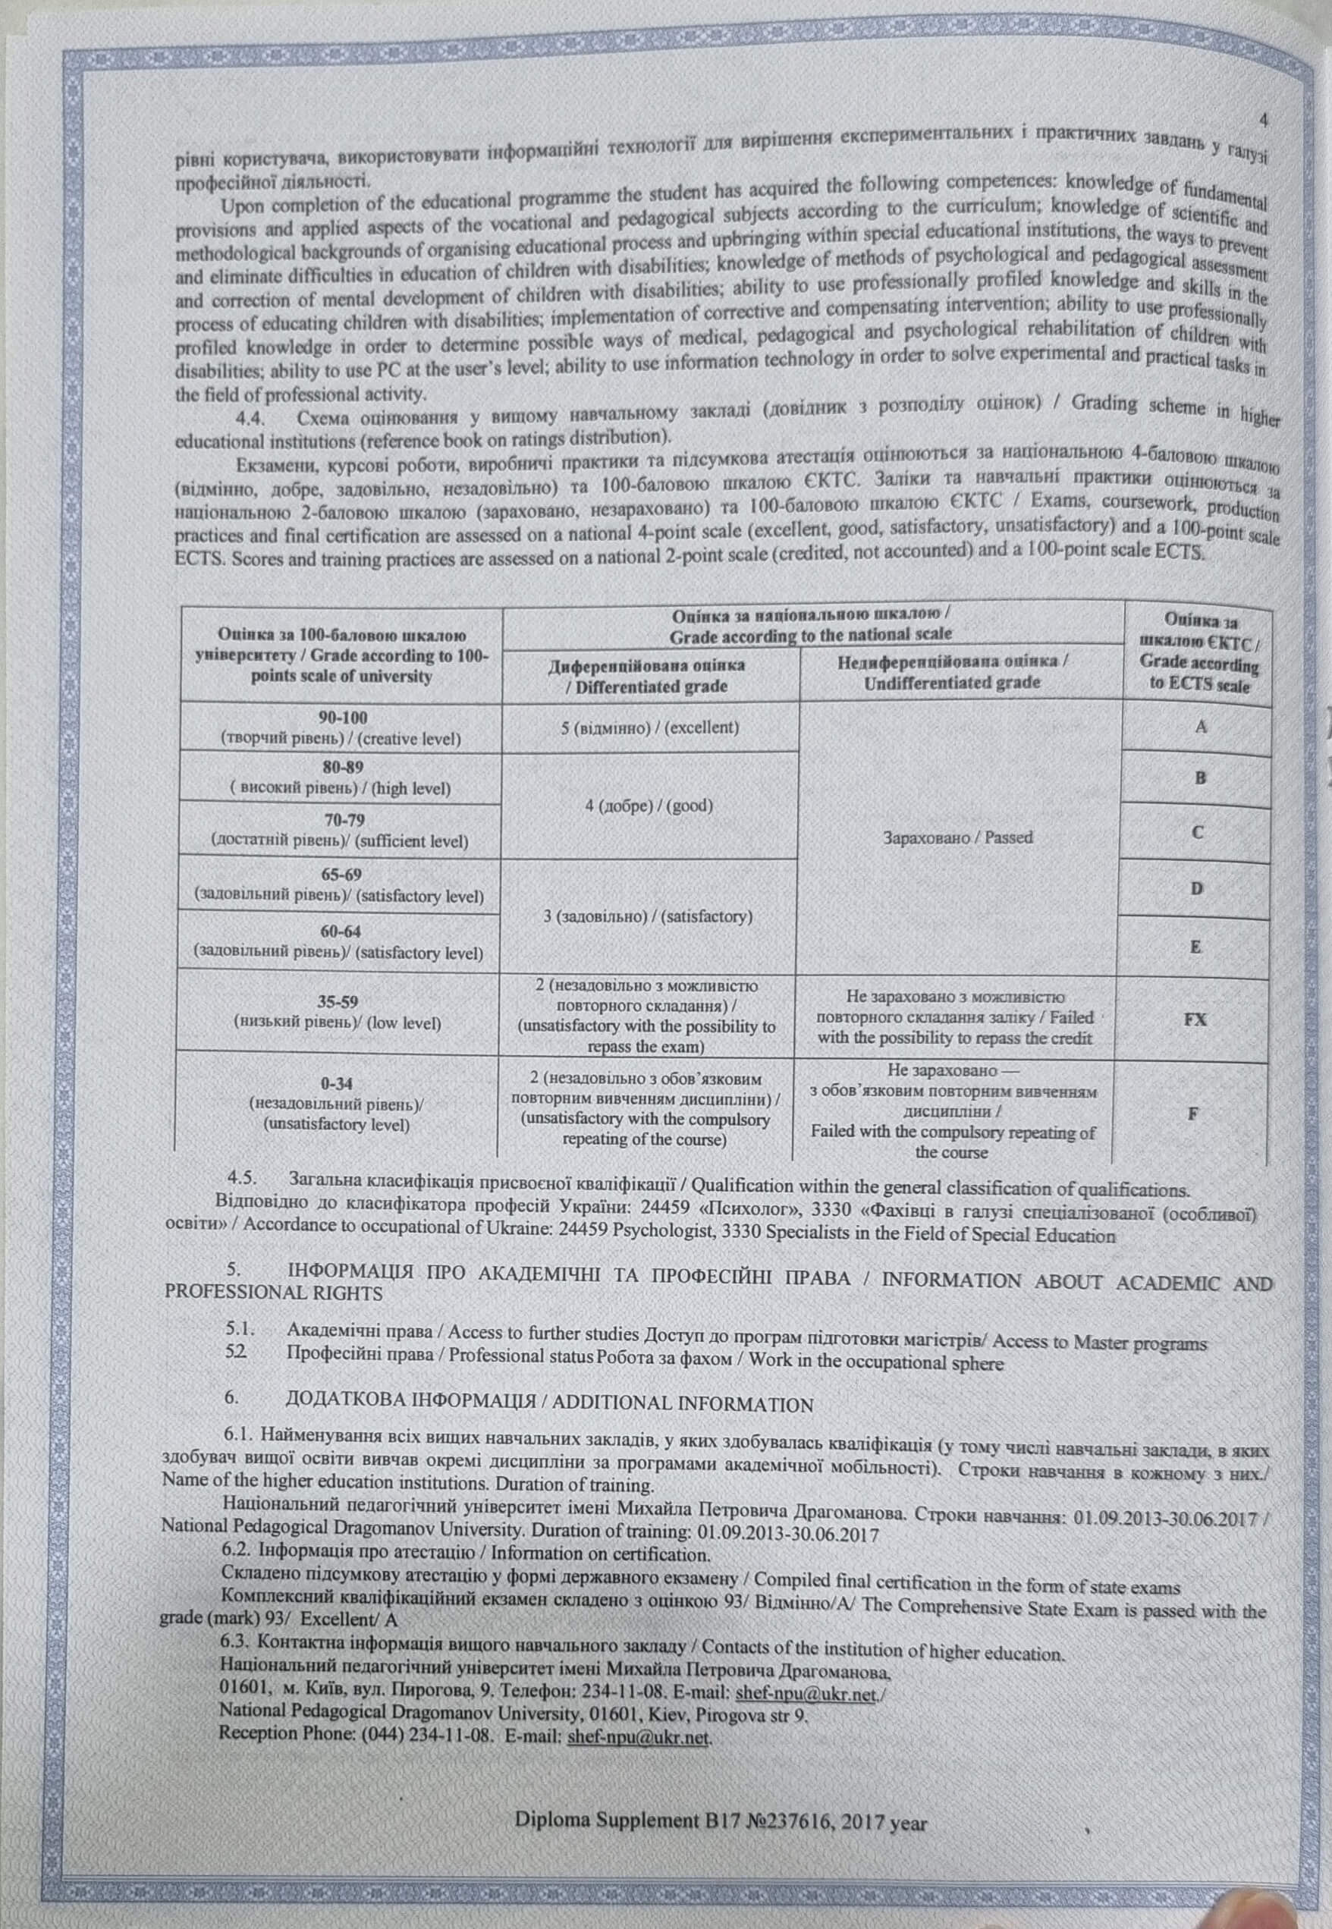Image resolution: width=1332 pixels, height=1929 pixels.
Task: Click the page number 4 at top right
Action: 1264,120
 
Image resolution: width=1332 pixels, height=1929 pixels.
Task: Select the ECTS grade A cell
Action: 1200,727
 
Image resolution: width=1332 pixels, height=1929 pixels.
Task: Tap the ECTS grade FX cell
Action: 1195,1019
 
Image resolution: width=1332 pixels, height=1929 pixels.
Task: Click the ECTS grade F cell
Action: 1193,1114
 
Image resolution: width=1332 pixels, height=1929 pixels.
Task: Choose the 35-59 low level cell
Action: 338,1011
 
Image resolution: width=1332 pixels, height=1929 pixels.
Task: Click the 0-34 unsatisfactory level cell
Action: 336,1103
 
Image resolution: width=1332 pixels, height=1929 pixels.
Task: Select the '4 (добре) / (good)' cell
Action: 649,806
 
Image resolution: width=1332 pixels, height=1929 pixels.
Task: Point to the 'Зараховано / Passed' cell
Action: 957,837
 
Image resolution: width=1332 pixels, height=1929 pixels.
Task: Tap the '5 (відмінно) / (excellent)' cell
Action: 649,727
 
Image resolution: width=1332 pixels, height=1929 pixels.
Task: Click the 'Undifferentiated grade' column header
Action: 952,671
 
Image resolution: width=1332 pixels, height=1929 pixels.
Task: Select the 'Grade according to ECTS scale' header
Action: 1199,653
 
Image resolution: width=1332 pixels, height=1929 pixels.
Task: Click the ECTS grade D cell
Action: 1196,888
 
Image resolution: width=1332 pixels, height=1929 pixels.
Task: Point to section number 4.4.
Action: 253,418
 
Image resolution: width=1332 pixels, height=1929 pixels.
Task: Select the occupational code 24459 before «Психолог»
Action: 665,1209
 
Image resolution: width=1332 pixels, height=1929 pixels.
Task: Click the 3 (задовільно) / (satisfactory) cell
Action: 648,916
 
